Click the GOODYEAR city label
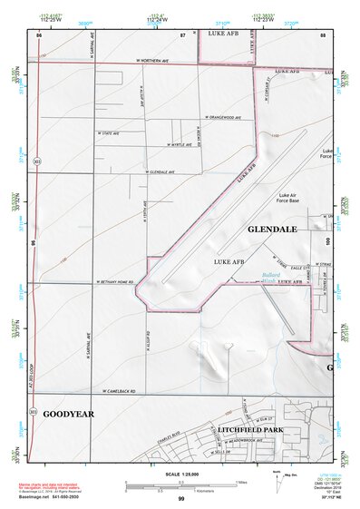pos(68,414)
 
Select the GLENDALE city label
pos(272,230)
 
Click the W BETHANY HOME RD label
pos(115,283)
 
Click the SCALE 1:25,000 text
pos(172,475)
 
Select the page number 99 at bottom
pos(181,499)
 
